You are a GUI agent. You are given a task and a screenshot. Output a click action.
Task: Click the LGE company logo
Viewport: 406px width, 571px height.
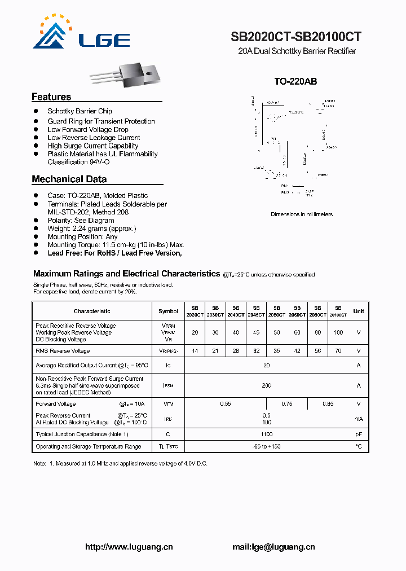pyautogui.click(x=81, y=34)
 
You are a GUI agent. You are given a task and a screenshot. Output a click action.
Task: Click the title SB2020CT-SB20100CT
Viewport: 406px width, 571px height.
pyautogui.click(x=295, y=37)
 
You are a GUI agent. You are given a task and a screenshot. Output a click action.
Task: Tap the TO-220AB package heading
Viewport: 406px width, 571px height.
pyautogui.click(x=295, y=81)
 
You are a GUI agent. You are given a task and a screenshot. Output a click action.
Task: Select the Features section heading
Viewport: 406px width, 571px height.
pyautogui.click(x=51, y=97)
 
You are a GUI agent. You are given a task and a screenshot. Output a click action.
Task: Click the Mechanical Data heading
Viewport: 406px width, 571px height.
pyautogui.click(x=69, y=179)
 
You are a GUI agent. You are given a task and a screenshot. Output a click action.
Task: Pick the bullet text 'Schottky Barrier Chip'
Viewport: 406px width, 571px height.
pyautogui.click(x=80, y=111)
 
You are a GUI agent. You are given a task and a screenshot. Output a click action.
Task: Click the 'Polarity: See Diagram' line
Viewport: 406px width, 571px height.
pyautogui.click(x=81, y=221)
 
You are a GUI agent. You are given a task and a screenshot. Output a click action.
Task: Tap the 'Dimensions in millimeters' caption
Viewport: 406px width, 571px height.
pyautogui.click(x=302, y=214)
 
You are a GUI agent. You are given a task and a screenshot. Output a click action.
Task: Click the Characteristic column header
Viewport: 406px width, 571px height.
pyautogui.click(x=92, y=311)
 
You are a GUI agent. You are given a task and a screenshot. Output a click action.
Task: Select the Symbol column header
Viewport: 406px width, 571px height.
pyautogui.click(x=168, y=311)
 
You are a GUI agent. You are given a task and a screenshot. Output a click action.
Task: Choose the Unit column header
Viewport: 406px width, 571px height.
pyautogui.click(x=359, y=311)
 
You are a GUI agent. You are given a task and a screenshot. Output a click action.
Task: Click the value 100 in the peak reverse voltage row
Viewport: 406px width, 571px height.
pyautogui.click(x=338, y=333)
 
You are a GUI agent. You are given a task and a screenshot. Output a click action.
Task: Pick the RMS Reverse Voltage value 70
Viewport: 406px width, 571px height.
pyautogui.click(x=338, y=351)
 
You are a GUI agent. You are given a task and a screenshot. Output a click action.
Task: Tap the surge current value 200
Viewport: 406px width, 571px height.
pyautogui.click(x=267, y=386)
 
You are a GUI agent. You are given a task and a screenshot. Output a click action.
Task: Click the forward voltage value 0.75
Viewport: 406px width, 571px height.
pyautogui.click(x=287, y=404)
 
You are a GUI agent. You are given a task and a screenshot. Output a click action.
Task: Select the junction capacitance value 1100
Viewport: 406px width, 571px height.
pyautogui.click(x=267, y=434)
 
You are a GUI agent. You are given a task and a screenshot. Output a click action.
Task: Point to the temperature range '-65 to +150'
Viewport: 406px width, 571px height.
pyautogui.click(x=267, y=446)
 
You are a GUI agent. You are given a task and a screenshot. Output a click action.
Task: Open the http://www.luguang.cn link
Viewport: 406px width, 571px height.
pyautogui.click(x=129, y=547)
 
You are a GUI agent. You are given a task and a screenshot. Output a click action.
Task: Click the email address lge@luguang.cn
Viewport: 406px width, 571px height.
pyautogui.click(x=273, y=547)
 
